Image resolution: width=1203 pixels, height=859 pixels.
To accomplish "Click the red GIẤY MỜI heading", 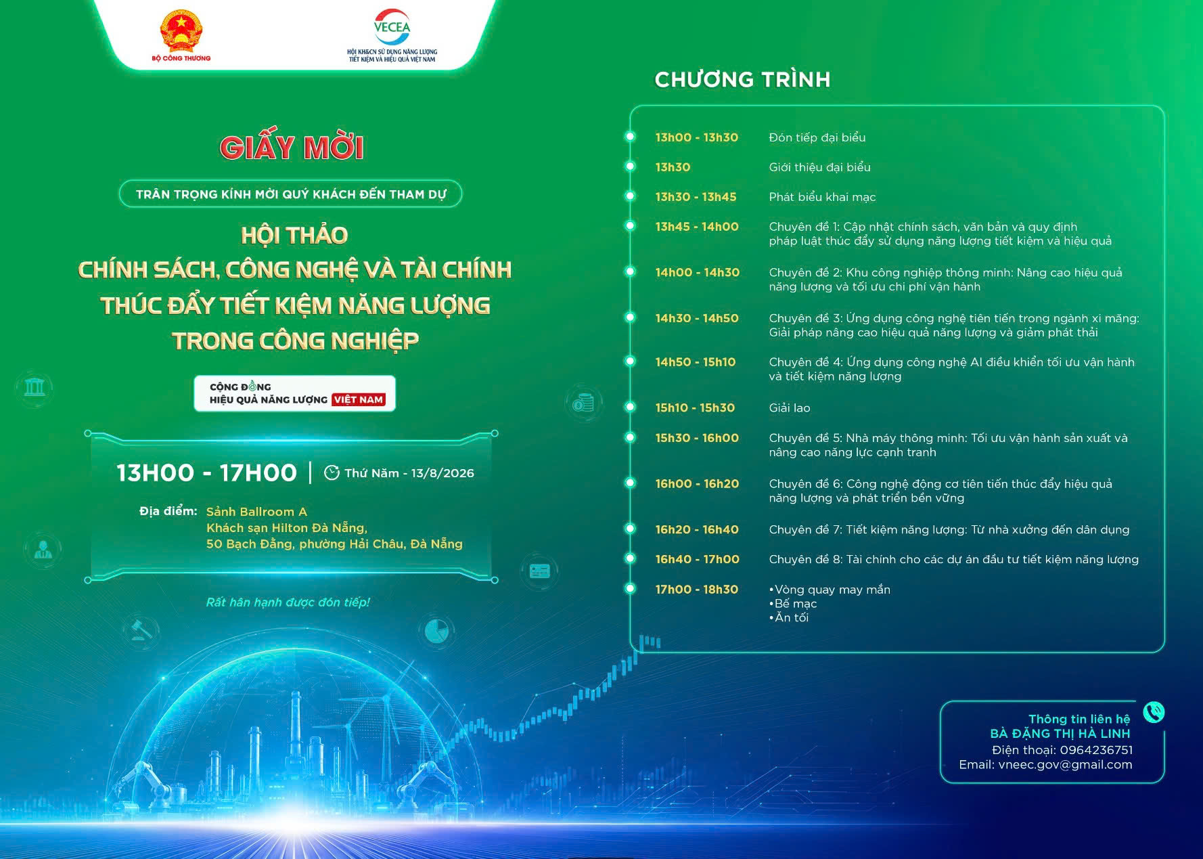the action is [x=292, y=147].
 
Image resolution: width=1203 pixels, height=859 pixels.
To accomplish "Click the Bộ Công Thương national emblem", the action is [x=181, y=30].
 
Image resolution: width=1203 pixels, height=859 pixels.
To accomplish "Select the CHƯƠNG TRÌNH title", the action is [x=742, y=80].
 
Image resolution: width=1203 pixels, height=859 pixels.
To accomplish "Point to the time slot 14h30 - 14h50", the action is [x=697, y=318].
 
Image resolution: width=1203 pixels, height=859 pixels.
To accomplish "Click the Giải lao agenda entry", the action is [x=790, y=408].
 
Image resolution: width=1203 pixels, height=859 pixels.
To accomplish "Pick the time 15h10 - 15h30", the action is [x=695, y=408].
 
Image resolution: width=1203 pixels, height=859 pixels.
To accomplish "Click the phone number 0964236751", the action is [x=1096, y=750].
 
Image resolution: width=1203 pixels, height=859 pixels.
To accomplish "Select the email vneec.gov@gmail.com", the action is [x=1065, y=765].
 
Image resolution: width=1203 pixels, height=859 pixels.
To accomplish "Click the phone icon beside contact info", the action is [x=1154, y=712].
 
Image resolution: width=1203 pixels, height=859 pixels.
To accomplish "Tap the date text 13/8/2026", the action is [x=442, y=473].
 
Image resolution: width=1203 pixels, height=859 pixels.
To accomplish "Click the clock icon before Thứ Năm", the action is [x=332, y=472].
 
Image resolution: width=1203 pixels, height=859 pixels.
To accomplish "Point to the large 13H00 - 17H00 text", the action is [x=206, y=472].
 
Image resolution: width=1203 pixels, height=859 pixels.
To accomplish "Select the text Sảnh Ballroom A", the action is [x=256, y=512].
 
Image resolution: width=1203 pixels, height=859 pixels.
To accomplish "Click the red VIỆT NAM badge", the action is [x=359, y=400].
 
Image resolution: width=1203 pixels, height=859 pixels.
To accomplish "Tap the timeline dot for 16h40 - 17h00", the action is [x=630, y=558].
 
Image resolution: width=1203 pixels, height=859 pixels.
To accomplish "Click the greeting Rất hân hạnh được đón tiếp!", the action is [x=288, y=602].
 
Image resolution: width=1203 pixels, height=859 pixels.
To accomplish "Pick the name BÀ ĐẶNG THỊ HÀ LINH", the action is [x=1060, y=734].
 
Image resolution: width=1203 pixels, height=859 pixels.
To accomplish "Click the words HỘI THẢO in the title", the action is [x=294, y=236].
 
